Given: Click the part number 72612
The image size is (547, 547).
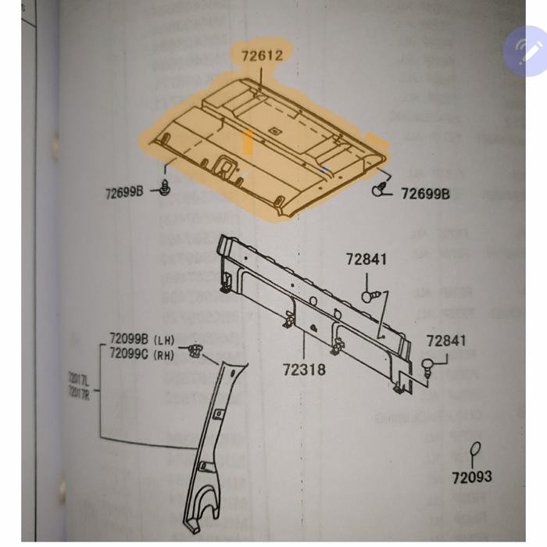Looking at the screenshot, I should point(256,55).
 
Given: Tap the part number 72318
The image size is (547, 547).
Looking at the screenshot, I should point(304,368).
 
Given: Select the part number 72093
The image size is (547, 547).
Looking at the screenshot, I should point(471,475).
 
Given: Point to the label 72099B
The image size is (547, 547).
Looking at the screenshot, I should point(129,339).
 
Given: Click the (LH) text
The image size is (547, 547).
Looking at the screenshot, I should point(164,339).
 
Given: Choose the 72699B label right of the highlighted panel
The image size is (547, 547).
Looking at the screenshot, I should point(425,193).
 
